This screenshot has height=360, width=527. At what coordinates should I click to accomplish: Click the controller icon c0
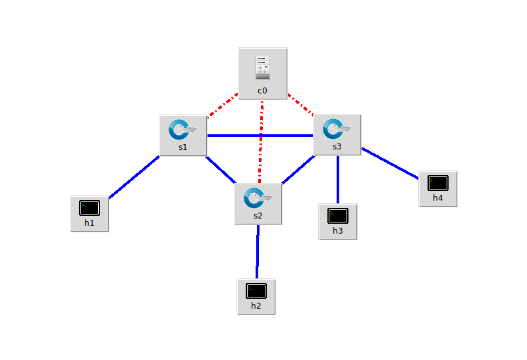click(263, 66)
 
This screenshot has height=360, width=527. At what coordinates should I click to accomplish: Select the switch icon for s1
click(182, 128)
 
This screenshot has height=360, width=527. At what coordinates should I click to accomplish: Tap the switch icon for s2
click(258, 197)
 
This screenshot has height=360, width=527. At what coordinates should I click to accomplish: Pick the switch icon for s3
click(337, 128)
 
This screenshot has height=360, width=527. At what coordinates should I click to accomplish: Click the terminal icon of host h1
click(90, 208)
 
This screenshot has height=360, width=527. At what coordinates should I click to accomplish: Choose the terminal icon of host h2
click(256, 290)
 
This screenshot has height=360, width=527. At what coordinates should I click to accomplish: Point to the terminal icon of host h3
click(338, 215)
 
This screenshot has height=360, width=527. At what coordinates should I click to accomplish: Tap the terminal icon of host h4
click(438, 182)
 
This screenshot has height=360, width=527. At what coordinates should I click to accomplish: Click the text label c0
click(263, 90)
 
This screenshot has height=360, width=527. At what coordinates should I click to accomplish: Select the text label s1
click(182, 147)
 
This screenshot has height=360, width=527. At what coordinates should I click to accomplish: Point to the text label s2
click(258, 216)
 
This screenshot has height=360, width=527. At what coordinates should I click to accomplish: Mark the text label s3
click(337, 147)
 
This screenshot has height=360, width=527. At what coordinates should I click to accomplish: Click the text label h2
click(256, 306)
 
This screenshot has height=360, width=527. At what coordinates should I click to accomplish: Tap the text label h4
click(438, 197)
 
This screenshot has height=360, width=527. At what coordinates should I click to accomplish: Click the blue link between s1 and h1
click(134, 176)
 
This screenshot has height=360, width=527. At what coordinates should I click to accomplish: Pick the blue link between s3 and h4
click(390, 163)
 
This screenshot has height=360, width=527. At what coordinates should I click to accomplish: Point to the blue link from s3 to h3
click(338, 179)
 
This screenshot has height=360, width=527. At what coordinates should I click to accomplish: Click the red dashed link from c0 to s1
click(223, 106)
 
